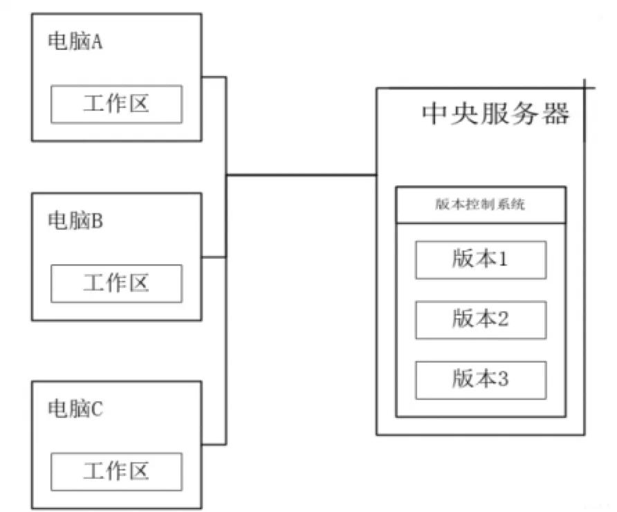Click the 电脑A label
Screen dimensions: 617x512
point(75,41)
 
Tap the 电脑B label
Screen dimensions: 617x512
point(75,220)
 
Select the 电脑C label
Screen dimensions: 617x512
point(75,408)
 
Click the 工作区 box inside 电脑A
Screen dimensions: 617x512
point(116,104)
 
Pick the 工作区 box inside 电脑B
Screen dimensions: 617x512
point(116,284)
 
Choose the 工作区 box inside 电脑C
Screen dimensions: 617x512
point(116,471)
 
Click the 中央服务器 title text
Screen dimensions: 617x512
point(495,113)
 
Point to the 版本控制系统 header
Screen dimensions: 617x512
point(481,205)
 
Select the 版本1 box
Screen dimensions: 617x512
point(481,259)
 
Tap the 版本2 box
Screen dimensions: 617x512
point(481,320)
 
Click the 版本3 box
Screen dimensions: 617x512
point(481,380)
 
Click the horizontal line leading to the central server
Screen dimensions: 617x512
point(302,175)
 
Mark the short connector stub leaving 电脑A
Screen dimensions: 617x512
point(214,77)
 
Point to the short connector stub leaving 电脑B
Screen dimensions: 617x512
point(214,257)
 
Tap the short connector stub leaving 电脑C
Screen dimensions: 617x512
point(214,445)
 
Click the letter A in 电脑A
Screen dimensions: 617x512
point(97,42)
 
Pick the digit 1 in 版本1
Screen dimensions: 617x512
point(502,259)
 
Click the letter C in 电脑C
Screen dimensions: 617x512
point(98,409)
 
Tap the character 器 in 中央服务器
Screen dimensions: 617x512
point(557,113)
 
